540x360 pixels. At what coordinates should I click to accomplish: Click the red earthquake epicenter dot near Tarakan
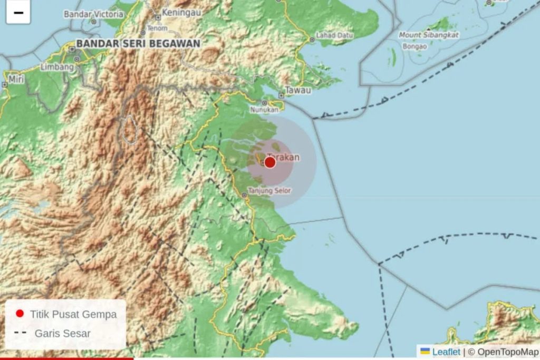(270, 162)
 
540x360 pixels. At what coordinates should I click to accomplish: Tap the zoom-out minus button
(18, 13)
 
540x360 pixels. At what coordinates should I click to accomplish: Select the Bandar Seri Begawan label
(138, 43)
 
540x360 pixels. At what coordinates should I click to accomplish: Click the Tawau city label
(298, 90)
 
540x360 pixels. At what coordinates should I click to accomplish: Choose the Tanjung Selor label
(269, 190)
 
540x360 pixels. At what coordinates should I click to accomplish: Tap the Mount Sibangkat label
(429, 35)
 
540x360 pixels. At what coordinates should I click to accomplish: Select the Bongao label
(414, 46)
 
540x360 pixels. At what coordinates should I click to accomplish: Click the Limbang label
(57, 67)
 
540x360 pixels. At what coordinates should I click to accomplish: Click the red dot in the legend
(20, 314)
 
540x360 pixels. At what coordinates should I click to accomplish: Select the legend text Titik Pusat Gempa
(73, 314)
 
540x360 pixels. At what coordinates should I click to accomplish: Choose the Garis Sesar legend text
(62, 333)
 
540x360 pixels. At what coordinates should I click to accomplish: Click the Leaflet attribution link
(446, 352)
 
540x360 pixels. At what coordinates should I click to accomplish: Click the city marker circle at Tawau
(282, 95)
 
